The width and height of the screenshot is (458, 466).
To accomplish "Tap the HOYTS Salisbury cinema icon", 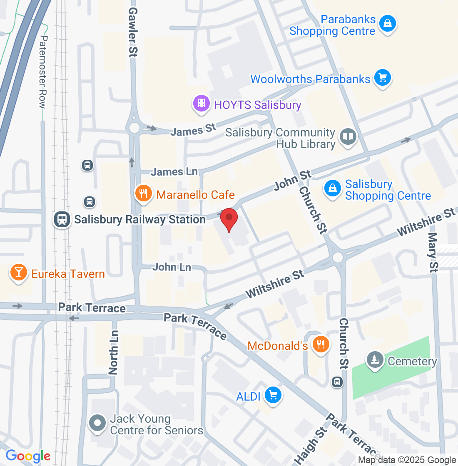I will pos(202,103).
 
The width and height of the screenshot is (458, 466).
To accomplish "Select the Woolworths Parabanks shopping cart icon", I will pos(382,78).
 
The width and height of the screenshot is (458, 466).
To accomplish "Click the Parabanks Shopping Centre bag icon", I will pos(388,23).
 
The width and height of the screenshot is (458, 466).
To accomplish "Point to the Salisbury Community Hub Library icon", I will pos(348,137).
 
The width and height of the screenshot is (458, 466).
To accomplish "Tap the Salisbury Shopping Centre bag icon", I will pos(333,189).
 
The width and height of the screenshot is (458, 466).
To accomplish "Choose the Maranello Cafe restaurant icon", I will pos(143,193).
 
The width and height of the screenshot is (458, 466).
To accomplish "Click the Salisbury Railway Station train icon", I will pos(62,219).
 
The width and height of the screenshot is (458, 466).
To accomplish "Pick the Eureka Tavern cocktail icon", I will pos(18,273).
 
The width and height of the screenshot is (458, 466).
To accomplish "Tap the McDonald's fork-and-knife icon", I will pos(320,345).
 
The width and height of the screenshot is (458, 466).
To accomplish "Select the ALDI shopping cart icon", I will pos(273,394).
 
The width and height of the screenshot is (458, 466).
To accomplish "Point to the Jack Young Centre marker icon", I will pos(98,423).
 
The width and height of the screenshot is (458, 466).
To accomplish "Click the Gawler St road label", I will pos(132,32).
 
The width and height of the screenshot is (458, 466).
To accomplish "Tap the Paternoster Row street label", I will pos(43,72).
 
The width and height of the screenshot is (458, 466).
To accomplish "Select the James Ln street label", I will pos(174,171).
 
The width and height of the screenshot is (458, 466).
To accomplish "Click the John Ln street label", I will pos(172,267).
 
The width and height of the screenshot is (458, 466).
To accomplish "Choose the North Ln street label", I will pos(114,352).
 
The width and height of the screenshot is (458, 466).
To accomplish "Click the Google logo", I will pos(28,456).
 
